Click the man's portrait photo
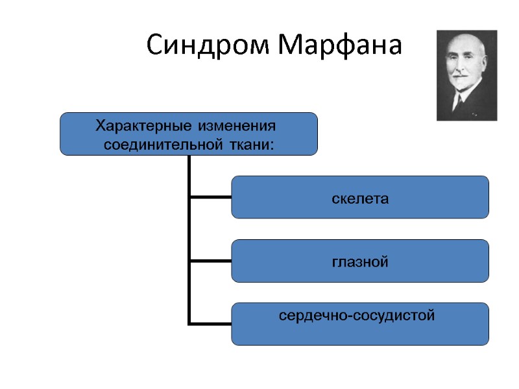466,75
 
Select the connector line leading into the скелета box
210,196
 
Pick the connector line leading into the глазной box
210,261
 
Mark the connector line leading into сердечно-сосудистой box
210,323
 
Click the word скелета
360,198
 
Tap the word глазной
360,262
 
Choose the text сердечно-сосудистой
357,316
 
